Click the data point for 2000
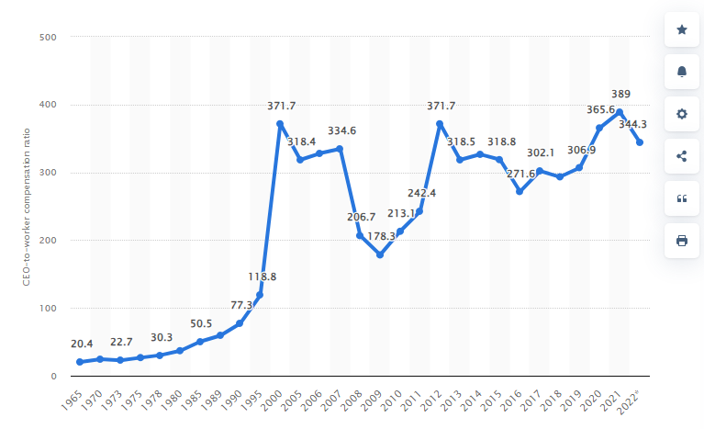280,123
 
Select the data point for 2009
380,254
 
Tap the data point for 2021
620,112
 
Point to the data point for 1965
80,362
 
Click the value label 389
620,94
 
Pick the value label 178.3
379,236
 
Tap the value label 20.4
81,344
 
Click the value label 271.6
520,173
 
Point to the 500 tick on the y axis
48,37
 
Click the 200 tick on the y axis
48,241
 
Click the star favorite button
681,29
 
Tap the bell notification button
681,72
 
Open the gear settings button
681,114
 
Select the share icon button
681,156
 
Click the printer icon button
681,241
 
